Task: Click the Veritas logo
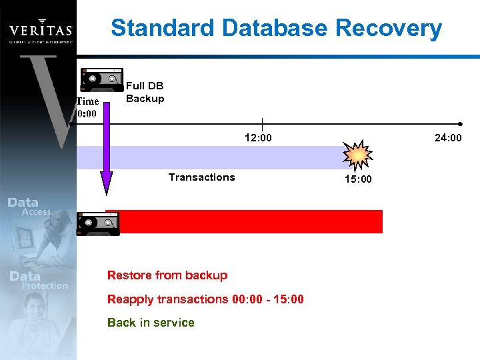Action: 40,30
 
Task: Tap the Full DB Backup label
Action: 145,92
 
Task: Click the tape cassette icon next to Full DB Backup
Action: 101,79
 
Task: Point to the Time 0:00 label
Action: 87,107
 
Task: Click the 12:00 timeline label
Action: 258,138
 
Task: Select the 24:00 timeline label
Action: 447,138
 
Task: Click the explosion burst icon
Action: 358,156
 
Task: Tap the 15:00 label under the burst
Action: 358,179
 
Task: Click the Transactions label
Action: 201,177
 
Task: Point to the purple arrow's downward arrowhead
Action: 106,183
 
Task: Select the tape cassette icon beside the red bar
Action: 98,223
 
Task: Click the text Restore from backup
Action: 167,275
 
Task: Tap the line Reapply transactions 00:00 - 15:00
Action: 205,299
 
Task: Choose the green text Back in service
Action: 151,323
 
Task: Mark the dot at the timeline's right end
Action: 461,124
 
